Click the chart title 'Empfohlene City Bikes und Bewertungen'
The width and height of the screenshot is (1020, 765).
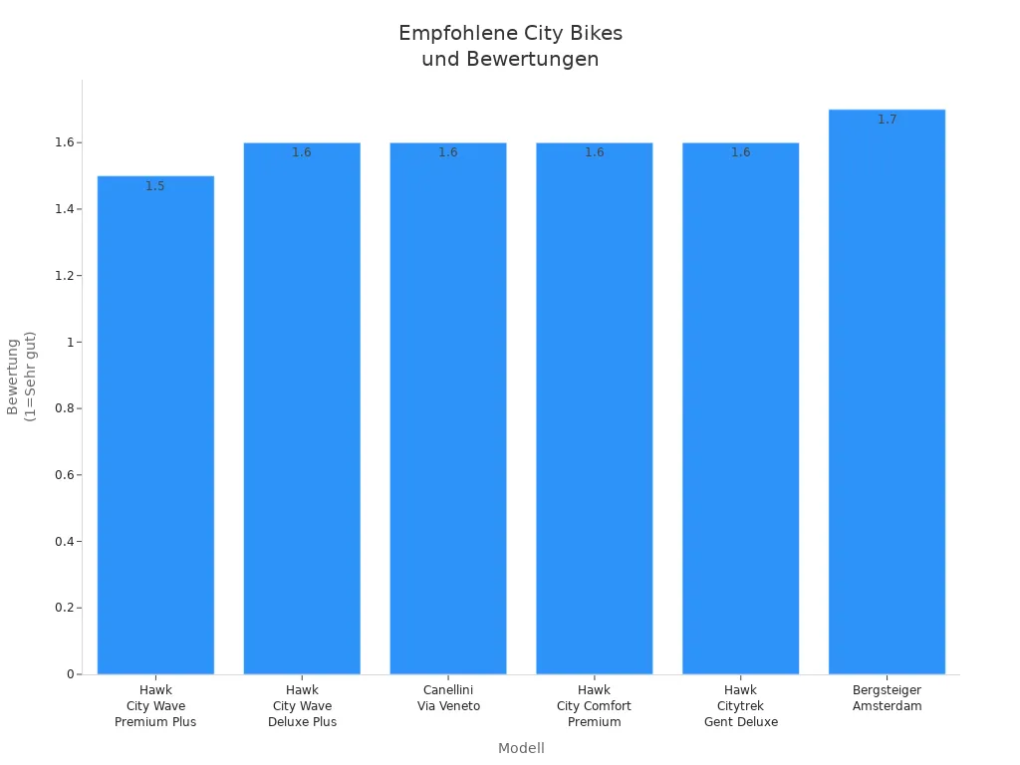point(510,46)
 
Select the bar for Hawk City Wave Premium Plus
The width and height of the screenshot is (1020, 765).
point(155,428)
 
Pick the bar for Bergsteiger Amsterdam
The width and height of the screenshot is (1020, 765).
point(887,398)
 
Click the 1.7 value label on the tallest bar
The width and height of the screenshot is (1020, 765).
point(887,120)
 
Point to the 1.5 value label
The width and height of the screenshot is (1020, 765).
point(155,186)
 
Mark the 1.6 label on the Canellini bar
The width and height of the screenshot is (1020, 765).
point(448,152)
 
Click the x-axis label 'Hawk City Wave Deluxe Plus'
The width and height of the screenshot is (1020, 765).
point(302,705)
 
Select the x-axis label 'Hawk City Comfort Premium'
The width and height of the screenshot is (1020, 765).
point(594,705)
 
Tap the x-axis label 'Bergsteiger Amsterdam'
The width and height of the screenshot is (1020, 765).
point(887,697)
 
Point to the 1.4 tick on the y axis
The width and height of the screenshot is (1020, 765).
point(67,209)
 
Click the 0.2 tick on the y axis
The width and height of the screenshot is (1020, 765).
point(67,608)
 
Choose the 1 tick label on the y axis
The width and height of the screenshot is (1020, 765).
point(71,342)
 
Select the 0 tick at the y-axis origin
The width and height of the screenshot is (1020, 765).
point(71,674)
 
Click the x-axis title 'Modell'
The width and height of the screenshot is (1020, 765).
point(521,748)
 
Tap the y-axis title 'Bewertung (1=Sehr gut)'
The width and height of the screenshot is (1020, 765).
point(21,377)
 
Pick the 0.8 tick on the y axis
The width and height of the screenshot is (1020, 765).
point(67,408)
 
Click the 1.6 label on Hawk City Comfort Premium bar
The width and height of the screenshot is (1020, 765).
point(594,152)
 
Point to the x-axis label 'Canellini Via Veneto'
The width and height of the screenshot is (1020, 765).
point(448,697)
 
